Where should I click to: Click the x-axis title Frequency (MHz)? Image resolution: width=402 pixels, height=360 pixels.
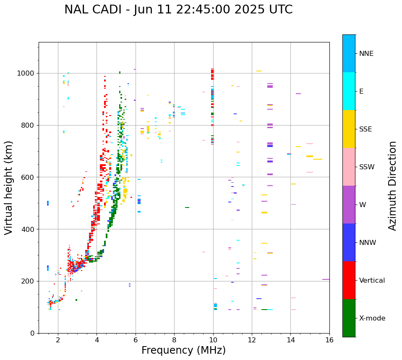click(x=183, y=350)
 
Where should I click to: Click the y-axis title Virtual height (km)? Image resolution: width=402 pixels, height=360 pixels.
click(x=9, y=187)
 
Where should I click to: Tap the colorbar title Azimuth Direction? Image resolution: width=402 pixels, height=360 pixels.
click(x=392, y=186)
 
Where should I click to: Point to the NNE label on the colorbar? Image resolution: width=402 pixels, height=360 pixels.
click(x=366, y=54)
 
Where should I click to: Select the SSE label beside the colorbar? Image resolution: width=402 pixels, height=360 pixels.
click(x=365, y=129)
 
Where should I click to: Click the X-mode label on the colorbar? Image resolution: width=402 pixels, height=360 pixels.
click(x=372, y=318)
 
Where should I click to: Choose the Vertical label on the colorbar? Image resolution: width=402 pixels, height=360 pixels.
click(x=372, y=281)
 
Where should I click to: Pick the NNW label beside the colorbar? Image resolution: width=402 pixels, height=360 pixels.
click(x=367, y=243)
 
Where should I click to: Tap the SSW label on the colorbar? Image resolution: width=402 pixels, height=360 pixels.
click(x=367, y=167)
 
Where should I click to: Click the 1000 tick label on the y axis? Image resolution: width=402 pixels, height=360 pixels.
click(x=26, y=74)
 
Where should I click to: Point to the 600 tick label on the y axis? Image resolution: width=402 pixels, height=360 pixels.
click(x=29, y=177)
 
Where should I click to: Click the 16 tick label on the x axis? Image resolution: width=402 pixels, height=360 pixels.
click(x=329, y=340)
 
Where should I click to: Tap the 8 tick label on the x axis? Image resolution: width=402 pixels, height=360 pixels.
click(x=174, y=340)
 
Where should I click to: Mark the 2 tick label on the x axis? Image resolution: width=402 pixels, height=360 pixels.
click(x=58, y=340)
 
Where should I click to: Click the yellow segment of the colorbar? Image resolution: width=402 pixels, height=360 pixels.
click(x=349, y=129)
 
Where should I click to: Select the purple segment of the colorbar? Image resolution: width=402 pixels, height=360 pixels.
click(x=349, y=205)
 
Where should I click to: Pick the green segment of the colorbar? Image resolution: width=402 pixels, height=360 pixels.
click(x=349, y=318)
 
